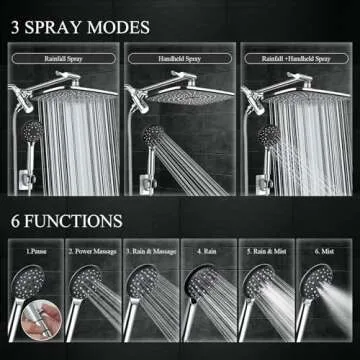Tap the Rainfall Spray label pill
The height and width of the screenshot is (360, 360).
pyautogui.click(x=64, y=58)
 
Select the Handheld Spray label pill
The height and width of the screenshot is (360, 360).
pyautogui.click(x=179, y=58)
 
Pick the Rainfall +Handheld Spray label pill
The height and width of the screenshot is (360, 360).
pyautogui.click(x=296, y=58)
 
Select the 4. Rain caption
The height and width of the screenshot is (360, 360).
pyautogui.click(x=208, y=253)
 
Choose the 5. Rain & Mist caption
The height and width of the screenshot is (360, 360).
pyautogui.click(x=267, y=253)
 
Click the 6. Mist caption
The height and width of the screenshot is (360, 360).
pyautogui.click(x=326, y=253)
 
